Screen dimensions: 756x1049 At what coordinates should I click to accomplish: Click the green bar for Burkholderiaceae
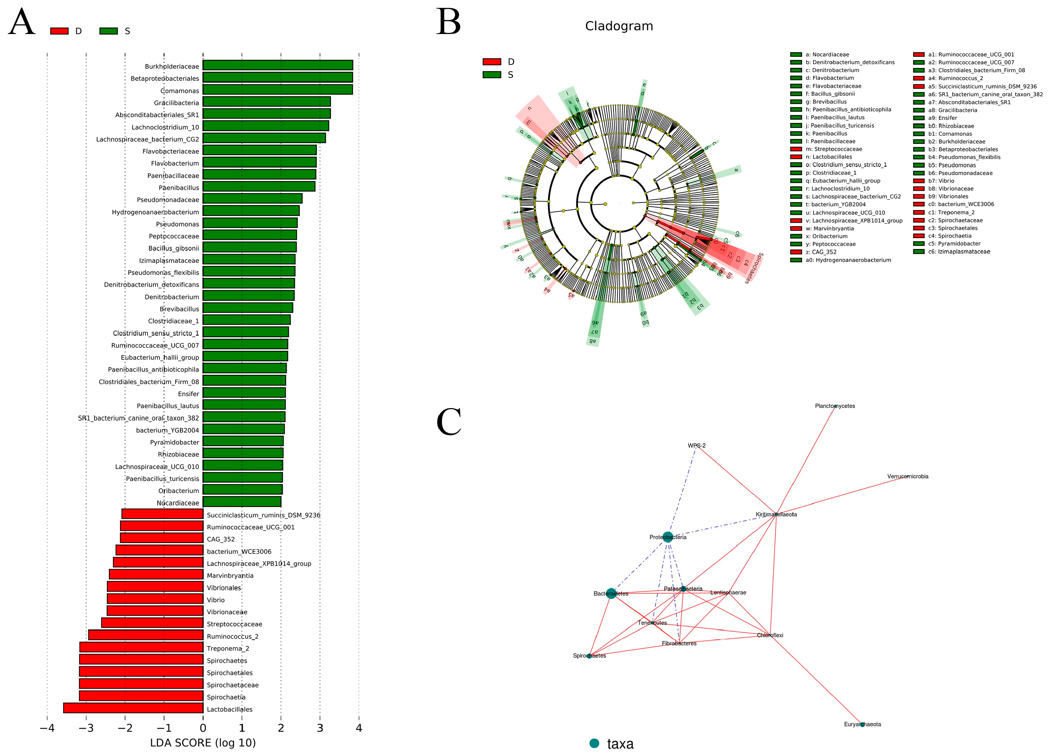[277, 65]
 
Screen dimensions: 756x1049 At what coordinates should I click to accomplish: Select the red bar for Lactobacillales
[133, 708]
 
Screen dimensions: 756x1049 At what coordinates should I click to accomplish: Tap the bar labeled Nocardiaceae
[242, 502]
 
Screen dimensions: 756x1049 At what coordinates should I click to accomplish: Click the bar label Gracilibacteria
[176, 103]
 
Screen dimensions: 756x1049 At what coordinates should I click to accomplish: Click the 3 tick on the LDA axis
[320, 728]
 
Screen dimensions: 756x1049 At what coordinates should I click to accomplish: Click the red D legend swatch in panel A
[59, 31]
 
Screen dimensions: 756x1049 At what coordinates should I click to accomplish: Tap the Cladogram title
[619, 26]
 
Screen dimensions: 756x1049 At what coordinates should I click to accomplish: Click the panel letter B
[448, 22]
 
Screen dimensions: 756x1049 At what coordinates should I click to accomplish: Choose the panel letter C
[449, 422]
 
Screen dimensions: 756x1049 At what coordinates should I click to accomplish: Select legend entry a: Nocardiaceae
[827, 54]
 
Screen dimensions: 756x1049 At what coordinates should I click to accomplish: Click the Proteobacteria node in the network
[667, 537]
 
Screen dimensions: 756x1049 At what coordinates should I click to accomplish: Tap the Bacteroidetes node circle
[611, 593]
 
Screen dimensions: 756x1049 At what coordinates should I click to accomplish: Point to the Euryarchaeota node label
[862, 724]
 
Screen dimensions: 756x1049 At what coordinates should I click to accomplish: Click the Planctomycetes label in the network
[835, 406]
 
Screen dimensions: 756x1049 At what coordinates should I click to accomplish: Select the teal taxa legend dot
[594, 743]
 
